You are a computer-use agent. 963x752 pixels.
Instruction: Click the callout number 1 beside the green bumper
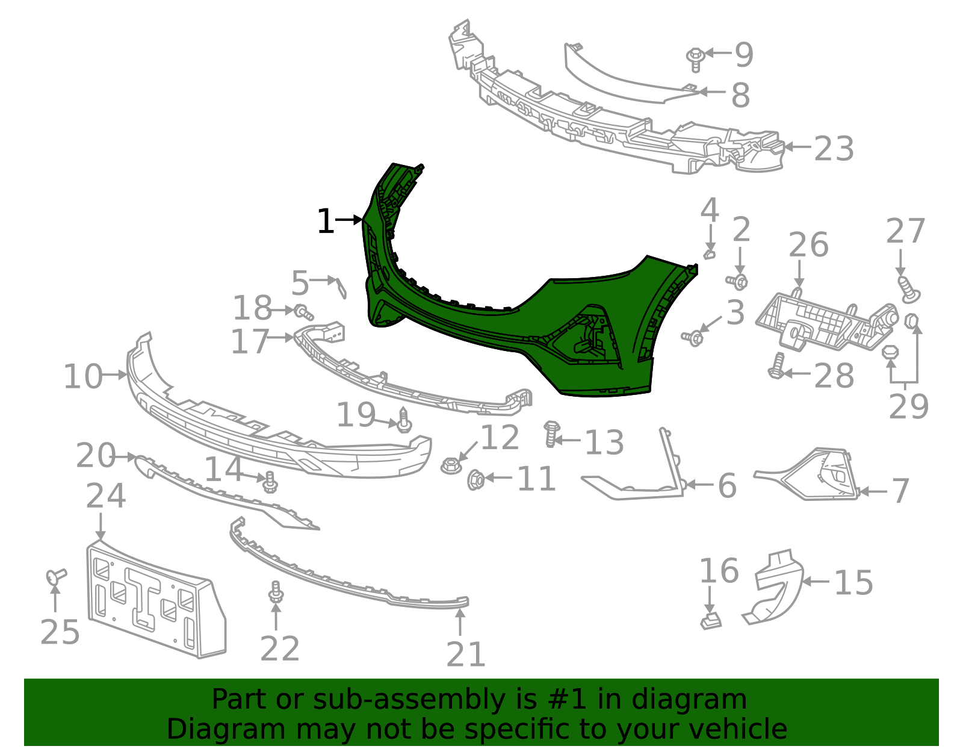(x=325, y=222)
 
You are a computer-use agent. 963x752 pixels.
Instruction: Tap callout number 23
(x=834, y=149)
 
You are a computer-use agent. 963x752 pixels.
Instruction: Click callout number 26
(x=808, y=245)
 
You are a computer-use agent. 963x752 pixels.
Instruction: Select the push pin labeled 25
(x=56, y=577)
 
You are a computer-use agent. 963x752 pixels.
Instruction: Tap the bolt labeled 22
(x=276, y=592)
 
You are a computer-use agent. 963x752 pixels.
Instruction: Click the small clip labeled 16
(x=711, y=621)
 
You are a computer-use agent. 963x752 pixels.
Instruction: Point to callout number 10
(x=83, y=377)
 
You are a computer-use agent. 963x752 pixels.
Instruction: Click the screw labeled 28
(x=776, y=366)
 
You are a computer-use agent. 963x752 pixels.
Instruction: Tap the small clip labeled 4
(x=710, y=254)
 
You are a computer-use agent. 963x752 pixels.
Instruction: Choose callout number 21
(x=466, y=654)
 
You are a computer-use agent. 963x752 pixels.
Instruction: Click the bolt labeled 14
(x=270, y=482)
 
